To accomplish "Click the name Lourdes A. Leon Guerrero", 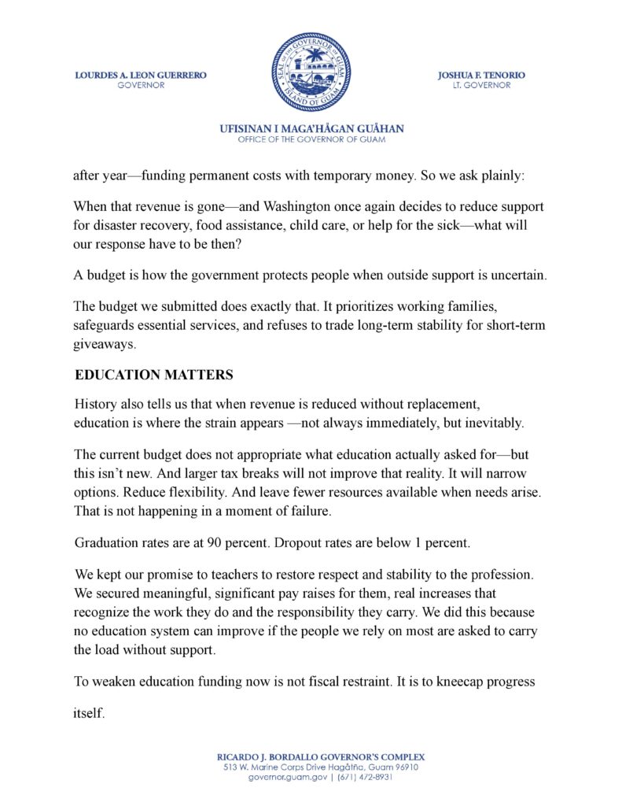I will pos(141,75).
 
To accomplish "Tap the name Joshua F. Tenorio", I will pos(481,75).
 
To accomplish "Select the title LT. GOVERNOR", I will pos(481,85).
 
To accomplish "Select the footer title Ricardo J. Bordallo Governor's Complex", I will pos(311,756).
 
